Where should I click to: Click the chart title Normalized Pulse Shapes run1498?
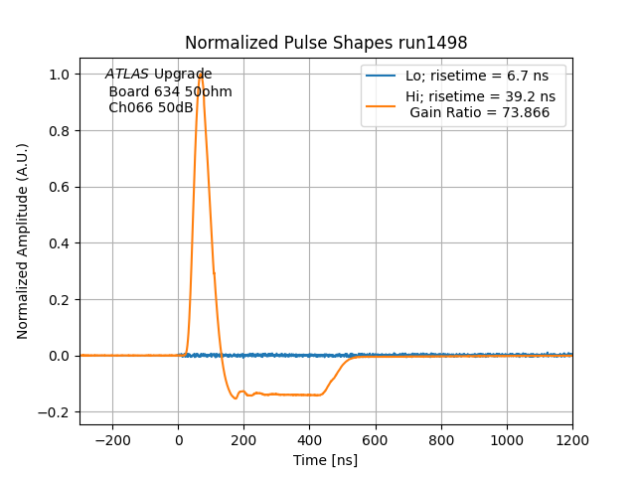[x=326, y=43]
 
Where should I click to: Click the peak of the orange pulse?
[x=201, y=74]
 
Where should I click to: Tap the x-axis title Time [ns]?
[x=326, y=460]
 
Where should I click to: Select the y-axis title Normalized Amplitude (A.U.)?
[x=23, y=241]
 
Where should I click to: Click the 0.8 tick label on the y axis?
[x=60, y=131]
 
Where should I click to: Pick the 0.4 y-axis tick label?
[x=60, y=243]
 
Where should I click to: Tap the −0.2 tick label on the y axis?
[x=56, y=412]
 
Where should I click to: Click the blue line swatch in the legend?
[x=381, y=77]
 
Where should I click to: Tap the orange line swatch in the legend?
[x=381, y=97]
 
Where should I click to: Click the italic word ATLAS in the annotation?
[x=127, y=75]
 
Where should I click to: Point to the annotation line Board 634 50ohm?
[x=170, y=91]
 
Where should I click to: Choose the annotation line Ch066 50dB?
[x=151, y=107]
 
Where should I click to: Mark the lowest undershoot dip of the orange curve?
[x=236, y=398]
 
